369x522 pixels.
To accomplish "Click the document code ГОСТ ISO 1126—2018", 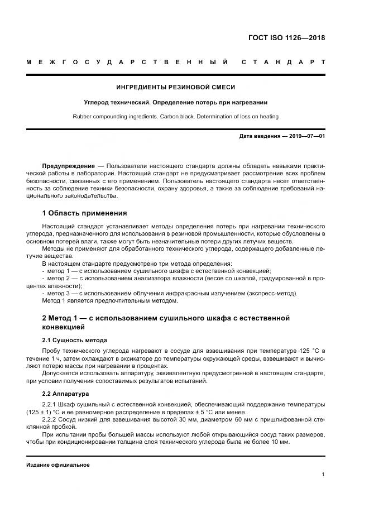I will point(286,39).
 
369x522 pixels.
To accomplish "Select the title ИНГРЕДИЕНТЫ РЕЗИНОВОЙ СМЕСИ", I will point(175,87).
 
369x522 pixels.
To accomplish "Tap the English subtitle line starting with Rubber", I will point(175,116).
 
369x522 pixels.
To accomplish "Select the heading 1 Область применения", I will point(84,213).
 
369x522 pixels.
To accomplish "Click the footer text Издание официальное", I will point(58,464).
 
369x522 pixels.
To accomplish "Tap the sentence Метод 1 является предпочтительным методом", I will point(110,301).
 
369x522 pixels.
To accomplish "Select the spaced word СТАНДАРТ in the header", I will point(283,61).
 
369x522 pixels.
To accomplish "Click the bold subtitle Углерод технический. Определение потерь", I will point(175,102).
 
